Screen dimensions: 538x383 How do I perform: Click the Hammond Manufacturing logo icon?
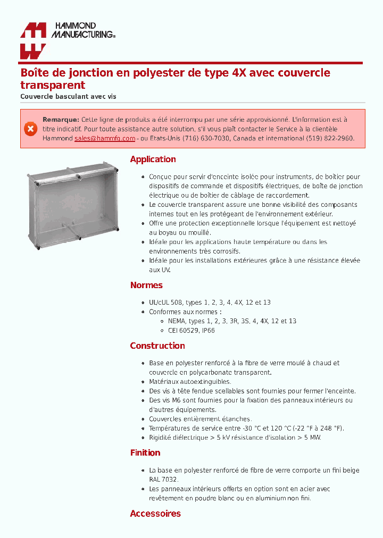point(33,41)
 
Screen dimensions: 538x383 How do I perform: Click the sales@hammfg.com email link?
point(105,138)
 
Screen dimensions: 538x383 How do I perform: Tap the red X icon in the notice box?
point(30,129)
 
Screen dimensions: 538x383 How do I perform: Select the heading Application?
point(153,159)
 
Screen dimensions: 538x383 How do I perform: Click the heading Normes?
point(146,285)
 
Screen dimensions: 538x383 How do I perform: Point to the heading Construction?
point(157,346)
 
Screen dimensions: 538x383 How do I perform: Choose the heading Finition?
point(145,453)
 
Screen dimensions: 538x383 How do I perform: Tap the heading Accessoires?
point(155,514)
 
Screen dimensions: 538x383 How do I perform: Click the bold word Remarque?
point(61,120)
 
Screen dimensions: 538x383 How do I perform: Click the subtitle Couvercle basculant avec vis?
point(68,97)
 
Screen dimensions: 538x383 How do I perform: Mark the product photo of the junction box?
point(72,207)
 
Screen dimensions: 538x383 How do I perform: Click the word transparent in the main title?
point(53,85)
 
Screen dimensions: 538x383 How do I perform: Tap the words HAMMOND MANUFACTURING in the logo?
point(82,30)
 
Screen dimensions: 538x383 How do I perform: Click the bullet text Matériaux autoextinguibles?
point(190,382)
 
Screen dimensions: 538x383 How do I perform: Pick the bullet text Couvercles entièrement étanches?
point(200,419)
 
